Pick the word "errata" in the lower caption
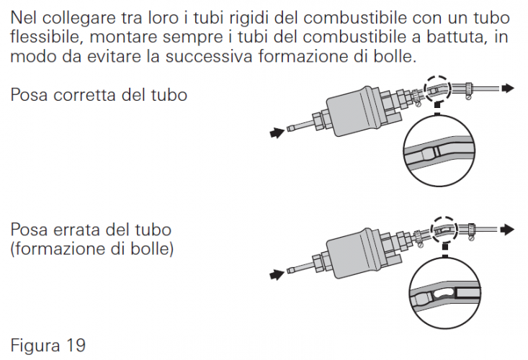coord(78,230)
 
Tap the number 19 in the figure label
coord(76,346)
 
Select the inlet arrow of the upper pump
coord(277,132)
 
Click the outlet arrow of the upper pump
coord(508,88)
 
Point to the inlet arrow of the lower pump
coord(277,274)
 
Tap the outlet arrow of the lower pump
coord(507,230)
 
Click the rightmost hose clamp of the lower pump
coord(471,231)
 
